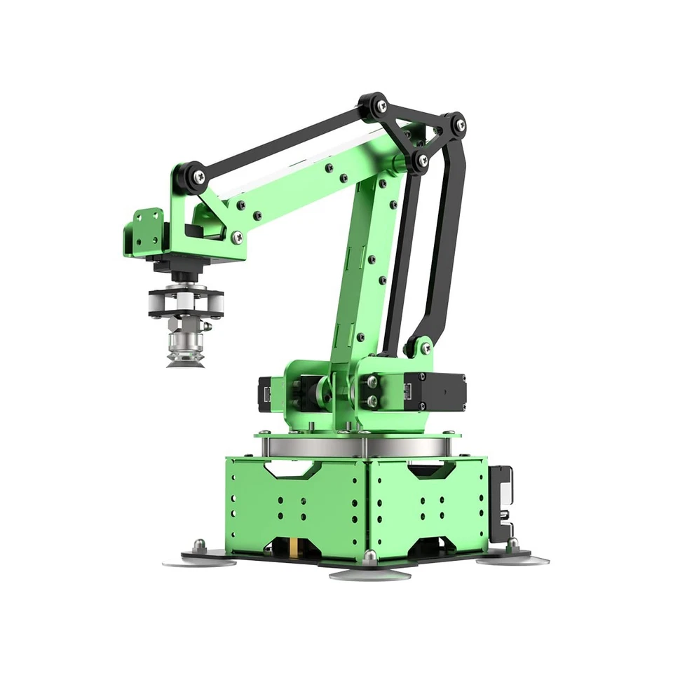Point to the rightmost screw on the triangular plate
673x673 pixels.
pyautogui.click(x=459, y=125)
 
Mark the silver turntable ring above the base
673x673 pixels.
pyautogui.click(x=358, y=446)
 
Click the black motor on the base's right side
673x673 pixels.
pyautogui.click(x=501, y=503)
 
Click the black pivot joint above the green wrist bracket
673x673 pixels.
pyautogui.click(x=190, y=175)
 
